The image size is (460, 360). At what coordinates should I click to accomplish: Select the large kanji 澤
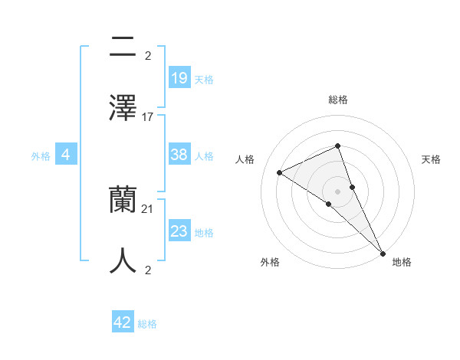point(123,106)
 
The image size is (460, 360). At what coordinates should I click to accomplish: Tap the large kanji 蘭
point(123,201)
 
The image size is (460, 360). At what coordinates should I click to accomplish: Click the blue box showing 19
point(179,77)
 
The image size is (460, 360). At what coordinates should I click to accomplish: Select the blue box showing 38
point(179,155)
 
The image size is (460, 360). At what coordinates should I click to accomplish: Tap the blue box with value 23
point(179,231)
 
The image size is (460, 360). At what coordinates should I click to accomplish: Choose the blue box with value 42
point(123,322)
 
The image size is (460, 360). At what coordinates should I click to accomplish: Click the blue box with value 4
point(66,155)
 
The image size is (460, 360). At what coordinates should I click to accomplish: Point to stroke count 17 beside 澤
point(148,117)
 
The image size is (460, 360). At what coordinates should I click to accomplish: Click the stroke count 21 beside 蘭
point(148,209)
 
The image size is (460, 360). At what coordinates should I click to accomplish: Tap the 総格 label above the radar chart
point(338,100)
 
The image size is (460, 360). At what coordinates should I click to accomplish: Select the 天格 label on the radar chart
point(431,159)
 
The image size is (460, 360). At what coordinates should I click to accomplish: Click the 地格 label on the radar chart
point(402,262)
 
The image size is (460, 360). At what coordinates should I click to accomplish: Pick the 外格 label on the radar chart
point(270,262)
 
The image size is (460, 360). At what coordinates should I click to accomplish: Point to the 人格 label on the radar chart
point(245,159)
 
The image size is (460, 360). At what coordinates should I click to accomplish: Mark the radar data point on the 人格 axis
point(280,172)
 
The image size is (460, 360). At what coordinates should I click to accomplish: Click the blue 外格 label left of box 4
point(41,155)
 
